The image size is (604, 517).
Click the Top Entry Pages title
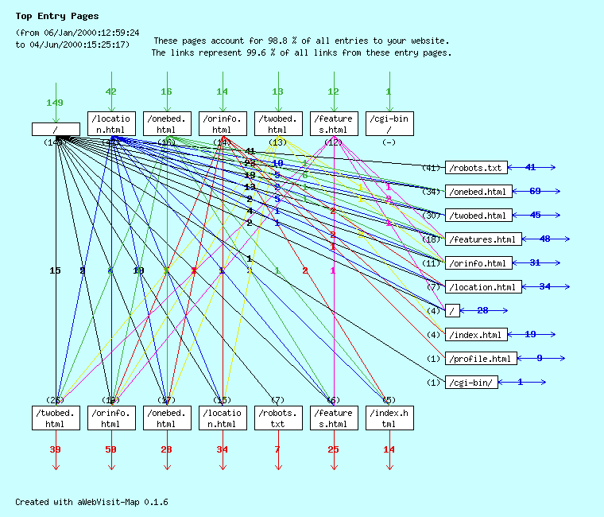57,16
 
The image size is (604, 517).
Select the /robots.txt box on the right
475,168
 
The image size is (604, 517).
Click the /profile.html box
482,359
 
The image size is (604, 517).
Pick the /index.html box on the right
475,335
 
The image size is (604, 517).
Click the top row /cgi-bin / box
389,124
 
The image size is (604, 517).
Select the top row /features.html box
334,124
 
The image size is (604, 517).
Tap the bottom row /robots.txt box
278,418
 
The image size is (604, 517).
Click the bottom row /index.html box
389,418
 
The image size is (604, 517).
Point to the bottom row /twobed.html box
56,418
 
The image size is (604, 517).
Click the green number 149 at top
55,103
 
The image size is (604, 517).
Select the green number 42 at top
111,91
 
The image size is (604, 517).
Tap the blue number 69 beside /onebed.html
535,192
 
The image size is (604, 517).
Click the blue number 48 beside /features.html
545,239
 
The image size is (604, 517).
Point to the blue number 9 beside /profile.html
540,359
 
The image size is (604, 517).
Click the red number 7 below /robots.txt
278,449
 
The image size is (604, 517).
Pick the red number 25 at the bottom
334,449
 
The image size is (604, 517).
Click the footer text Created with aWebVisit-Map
91,502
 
